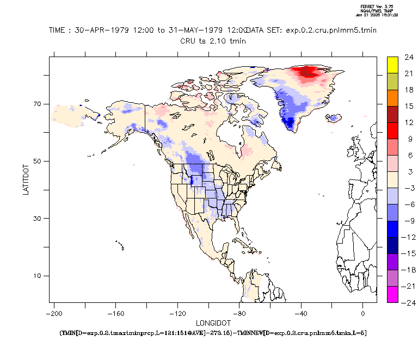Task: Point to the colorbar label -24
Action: coord(409,302)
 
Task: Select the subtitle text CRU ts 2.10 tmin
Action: coord(213,40)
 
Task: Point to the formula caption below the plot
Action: coord(213,332)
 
